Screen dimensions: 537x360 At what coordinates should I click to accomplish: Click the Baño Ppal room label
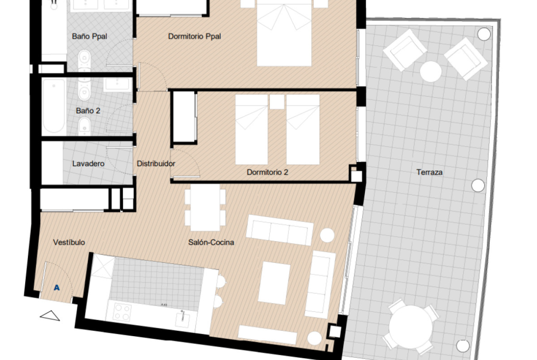pos(89,36)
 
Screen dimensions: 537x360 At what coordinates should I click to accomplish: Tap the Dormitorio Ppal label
pos(195,36)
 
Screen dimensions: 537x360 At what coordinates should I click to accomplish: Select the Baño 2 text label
pos(88,111)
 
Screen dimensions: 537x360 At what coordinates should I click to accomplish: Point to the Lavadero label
pos(89,164)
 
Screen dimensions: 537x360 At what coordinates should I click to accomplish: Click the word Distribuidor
pos(156,164)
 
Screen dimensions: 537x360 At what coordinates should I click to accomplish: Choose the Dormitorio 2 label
pos(268,172)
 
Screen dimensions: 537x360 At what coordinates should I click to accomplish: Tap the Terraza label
pos(430,172)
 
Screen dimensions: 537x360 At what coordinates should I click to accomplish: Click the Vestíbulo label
pos(69,242)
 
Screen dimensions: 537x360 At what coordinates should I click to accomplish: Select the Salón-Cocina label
pos(211,242)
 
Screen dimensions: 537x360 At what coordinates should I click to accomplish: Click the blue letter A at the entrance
pos(57,288)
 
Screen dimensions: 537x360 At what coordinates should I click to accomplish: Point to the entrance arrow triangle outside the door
pos(50,316)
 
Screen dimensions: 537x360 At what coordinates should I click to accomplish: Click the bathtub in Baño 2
pos(54,106)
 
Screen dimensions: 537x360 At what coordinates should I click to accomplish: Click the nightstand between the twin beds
pos(277,102)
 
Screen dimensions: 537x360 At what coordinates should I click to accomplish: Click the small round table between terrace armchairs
pos(431,72)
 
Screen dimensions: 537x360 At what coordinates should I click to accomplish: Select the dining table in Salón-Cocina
pos(206,207)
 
